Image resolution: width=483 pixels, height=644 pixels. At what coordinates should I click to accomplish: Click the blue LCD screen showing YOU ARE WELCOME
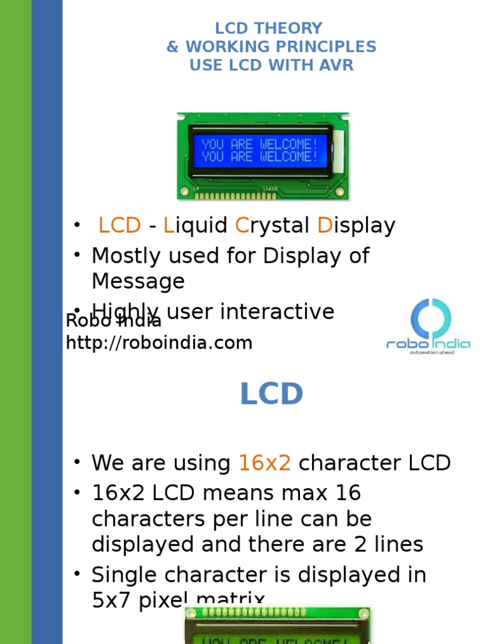[x=260, y=151]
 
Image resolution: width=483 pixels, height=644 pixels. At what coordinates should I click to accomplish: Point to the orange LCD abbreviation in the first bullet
[x=119, y=226]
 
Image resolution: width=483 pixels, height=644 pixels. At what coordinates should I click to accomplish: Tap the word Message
[x=138, y=281]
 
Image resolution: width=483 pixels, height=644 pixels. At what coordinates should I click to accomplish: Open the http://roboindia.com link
[x=159, y=343]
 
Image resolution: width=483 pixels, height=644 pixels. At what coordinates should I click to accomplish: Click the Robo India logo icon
[x=430, y=318]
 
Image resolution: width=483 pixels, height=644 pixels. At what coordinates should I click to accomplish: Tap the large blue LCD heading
[x=272, y=394]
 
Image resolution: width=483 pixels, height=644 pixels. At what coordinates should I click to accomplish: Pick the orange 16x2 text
[x=264, y=464]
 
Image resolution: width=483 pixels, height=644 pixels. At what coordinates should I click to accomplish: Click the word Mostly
[x=125, y=256]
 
